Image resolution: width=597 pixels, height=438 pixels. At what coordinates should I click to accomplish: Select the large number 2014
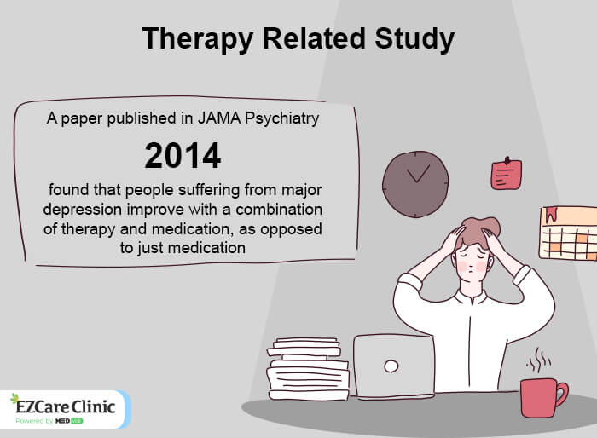click(x=183, y=156)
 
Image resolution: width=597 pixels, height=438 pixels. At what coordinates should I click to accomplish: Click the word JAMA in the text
click(x=226, y=119)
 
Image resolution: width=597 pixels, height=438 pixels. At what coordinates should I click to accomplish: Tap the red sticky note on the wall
click(x=506, y=174)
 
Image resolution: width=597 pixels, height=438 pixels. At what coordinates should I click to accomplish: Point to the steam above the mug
click(x=537, y=360)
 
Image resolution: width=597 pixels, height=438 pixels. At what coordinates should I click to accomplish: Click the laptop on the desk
click(x=393, y=366)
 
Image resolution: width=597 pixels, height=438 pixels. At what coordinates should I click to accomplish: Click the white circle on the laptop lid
click(x=391, y=366)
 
